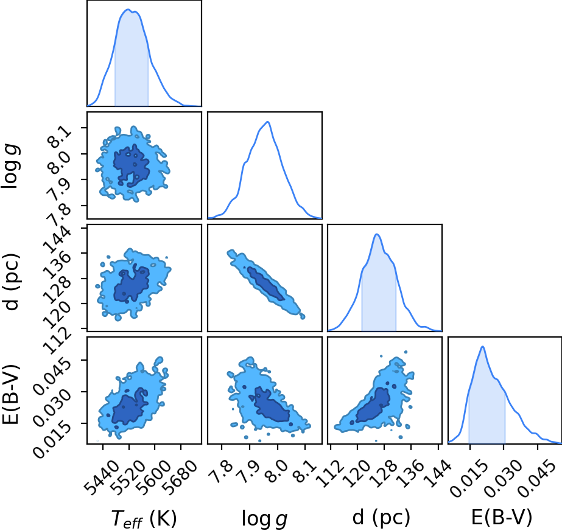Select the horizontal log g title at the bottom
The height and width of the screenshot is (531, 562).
click(264, 518)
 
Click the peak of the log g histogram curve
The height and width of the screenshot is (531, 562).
click(267, 122)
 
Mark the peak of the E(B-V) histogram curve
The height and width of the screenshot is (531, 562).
click(483, 347)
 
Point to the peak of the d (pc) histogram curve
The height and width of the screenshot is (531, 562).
click(377, 234)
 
